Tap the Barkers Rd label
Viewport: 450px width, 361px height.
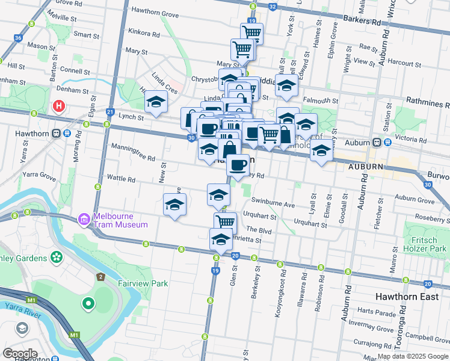363,22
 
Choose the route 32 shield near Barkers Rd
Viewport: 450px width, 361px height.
273,7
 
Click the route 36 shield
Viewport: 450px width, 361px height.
18,38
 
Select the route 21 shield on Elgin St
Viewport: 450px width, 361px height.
111,112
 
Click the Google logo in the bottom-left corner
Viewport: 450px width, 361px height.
20,353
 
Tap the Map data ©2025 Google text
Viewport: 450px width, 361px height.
412,357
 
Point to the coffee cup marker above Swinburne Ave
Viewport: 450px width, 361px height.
238,164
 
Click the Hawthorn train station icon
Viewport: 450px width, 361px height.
56,134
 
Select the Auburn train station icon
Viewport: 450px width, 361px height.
377,143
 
